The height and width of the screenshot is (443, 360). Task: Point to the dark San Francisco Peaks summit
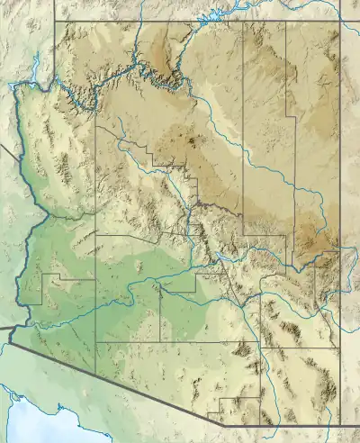(190, 140)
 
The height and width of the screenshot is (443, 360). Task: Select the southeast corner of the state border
(341, 424)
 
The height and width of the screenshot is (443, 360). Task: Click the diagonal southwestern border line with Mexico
(108, 376)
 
